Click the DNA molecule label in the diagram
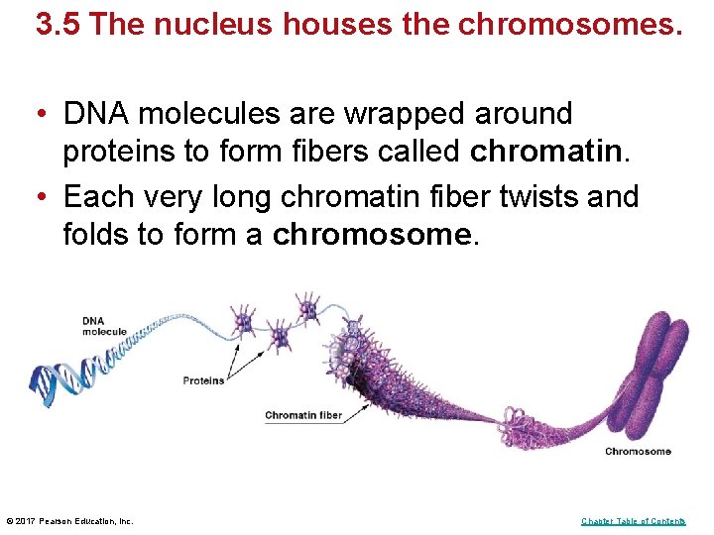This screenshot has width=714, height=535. click(104, 326)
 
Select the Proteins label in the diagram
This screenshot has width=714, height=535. click(203, 380)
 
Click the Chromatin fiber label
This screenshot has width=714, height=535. click(302, 416)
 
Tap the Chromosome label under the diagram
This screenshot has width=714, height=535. click(638, 452)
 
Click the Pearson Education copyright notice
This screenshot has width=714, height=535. click(69, 521)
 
